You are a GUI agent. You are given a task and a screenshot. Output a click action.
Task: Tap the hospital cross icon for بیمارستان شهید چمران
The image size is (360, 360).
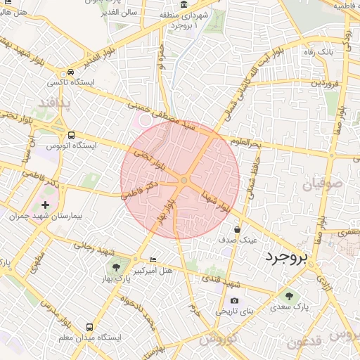pyautogui.click(x=46, y=204)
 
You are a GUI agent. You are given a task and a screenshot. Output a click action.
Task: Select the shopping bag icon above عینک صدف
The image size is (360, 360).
pyautogui.click(x=238, y=229)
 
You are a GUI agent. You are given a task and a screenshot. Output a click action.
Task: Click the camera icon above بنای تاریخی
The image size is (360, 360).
pyautogui.click(x=234, y=301)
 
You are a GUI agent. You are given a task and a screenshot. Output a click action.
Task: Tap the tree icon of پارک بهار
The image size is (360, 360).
pyautogui.click(x=115, y=268)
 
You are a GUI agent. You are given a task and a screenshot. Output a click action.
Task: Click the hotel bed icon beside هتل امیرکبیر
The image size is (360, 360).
pyautogui.click(x=153, y=261)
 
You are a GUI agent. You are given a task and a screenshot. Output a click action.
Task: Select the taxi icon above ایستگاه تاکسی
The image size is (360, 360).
pyautogui.click(x=70, y=73)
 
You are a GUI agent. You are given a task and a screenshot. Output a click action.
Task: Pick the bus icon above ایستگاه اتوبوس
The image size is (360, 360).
pyautogui.click(x=71, y=136)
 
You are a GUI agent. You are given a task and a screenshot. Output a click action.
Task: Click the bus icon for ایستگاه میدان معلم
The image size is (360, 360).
pyautogui.click(x=89, y=328)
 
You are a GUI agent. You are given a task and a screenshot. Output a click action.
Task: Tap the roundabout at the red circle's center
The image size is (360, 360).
pyautogui.click(x=184, y=181)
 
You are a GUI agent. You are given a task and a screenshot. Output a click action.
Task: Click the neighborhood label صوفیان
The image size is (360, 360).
pyautogui.click(x=323, y=185)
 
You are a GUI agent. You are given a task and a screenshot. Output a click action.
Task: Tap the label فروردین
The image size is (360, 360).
pyautogui.click(x=326, y=84)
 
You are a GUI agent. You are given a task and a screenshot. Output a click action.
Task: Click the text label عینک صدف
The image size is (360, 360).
pyautogui.click(x=240, y=240)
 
